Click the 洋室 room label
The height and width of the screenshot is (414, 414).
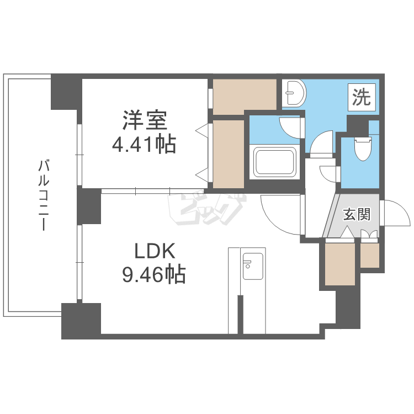(x=145, y=120)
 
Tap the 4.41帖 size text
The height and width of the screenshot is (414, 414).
(x=144, y=145)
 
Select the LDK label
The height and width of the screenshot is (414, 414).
(x=155, y=251)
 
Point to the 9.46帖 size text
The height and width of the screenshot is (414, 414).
(x=154, y=274)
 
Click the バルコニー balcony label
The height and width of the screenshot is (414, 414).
(x=44, y=195)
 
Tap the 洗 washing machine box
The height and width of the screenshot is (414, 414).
(x=362, y=97)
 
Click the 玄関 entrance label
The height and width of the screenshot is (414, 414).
(x=357, y=214)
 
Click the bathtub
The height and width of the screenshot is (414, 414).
(x=274, y=162)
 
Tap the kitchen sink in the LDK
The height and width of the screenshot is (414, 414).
(x=253, y=266)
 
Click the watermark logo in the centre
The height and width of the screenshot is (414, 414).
(x=207, y=209)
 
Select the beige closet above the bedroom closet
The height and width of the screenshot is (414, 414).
(x=245, y=97)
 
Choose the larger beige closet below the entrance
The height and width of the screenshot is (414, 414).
(x=340, y=264)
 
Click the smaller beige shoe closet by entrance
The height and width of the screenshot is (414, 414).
(x=370, y=255)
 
